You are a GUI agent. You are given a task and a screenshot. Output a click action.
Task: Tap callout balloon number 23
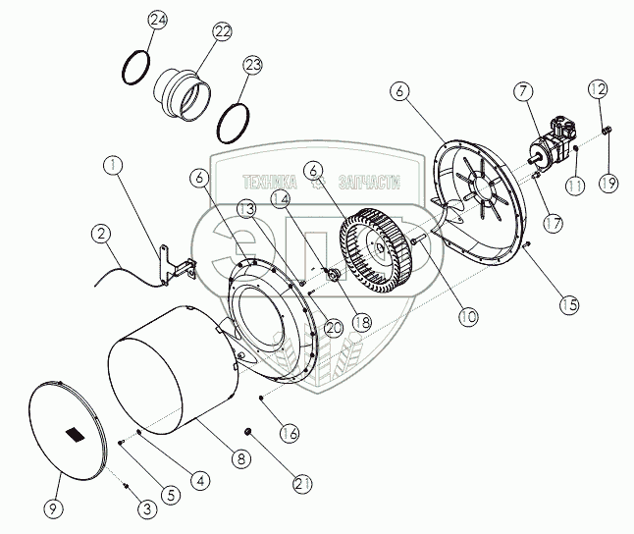(253, 66)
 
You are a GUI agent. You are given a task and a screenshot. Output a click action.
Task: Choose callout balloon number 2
(99, 234)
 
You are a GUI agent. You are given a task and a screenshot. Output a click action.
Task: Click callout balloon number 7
(523, 92)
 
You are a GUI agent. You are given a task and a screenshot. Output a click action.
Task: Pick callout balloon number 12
(599, 89)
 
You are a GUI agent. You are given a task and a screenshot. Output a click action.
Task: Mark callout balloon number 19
(608, 182)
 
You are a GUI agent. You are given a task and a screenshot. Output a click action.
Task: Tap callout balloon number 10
(466, 316)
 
